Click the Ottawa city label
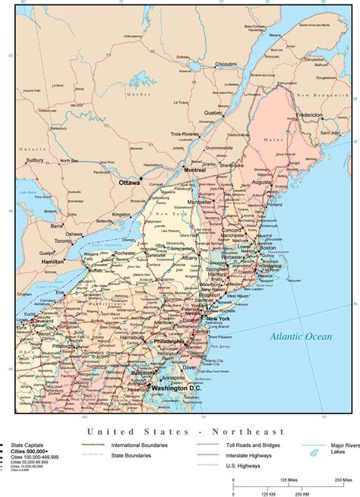pos(130,183)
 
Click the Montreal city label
pos(195,170)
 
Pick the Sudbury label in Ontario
pos(34,161)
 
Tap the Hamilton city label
pos(54,261)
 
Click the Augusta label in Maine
pos(261,183)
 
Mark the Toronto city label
pos(65,241)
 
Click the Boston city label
pos(267,248)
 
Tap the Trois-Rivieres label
pos(185,134)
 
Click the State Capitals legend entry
pos(27,445)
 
